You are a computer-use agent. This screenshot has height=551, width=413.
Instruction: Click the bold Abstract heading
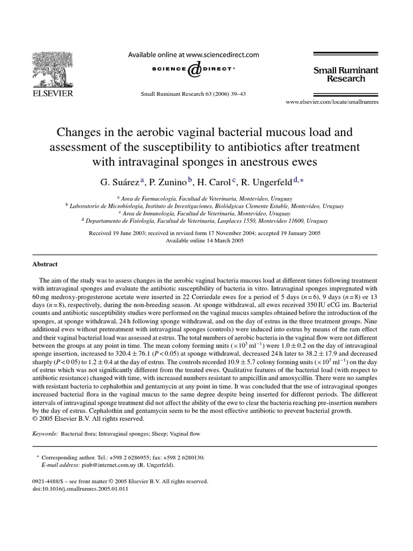pos(46,264)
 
